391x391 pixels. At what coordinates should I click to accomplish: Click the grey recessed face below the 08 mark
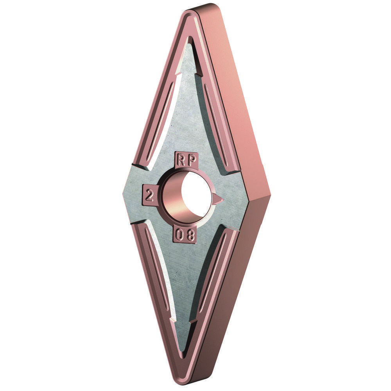pos(184,282)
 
